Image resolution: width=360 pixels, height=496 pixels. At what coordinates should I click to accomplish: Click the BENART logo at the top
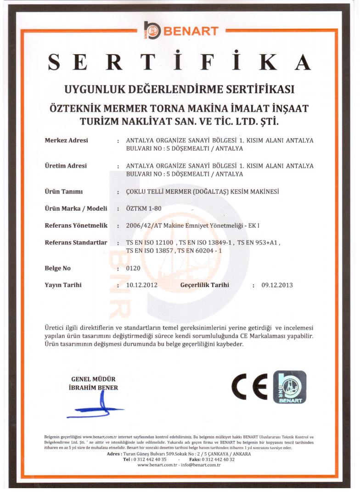click(180, 31)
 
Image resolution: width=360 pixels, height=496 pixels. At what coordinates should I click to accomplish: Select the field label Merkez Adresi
click(66, 140)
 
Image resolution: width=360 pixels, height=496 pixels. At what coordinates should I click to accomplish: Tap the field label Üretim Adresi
click(66, 166)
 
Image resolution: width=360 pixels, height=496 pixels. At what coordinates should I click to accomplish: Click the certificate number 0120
click(133, 268)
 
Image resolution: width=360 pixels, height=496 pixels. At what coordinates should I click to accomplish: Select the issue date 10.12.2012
click(141, 285)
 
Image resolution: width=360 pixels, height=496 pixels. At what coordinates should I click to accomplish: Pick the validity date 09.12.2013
click(277, 285)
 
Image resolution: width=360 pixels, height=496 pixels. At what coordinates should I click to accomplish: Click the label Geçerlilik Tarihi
click(204, 285)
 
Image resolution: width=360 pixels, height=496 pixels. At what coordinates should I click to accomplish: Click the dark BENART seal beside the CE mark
click(289, 387)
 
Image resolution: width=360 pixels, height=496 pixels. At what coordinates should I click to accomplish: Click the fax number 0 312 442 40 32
click(218, 459)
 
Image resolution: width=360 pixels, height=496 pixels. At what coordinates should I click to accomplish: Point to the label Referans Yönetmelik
click(76, 225)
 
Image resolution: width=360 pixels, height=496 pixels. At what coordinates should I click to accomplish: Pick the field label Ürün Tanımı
click(63, 191)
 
